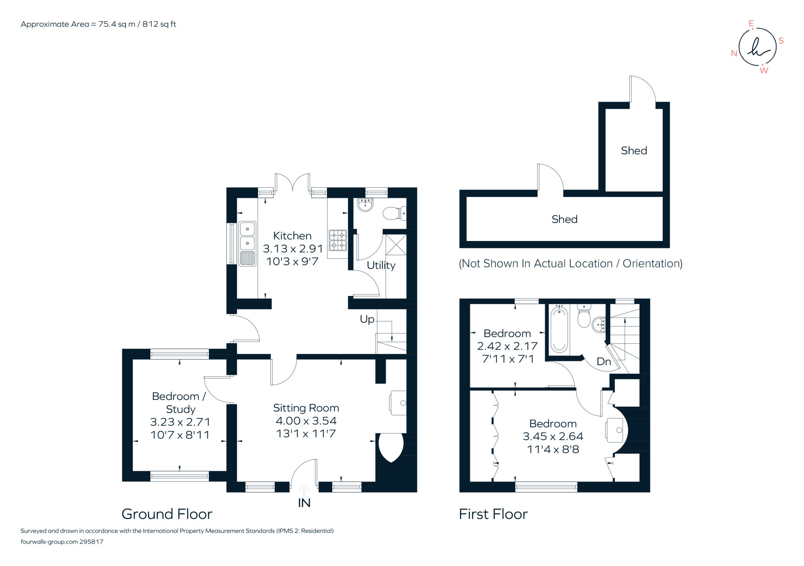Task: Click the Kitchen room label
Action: [292, 236]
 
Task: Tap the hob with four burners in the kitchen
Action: [338, 240]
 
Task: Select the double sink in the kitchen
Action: [247, 236]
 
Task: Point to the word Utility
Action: [381, 265]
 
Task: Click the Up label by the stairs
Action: [367, 320]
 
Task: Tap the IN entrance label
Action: [304, 503]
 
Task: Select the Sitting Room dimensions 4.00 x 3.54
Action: [306, 421]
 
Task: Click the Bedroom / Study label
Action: [179, 402]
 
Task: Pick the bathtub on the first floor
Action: [559, 330]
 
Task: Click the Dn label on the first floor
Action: [603, 362]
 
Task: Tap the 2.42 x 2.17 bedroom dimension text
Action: [507, 346]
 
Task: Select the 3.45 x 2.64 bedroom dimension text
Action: [553, 436]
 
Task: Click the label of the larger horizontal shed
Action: [564, 219]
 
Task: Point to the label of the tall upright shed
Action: [634, 151]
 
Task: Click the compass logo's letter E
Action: [751, 24]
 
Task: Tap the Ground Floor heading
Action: [167, 514]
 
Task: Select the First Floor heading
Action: [493, 514]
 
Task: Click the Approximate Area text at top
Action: [98, 24]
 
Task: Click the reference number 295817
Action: [91, 542]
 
